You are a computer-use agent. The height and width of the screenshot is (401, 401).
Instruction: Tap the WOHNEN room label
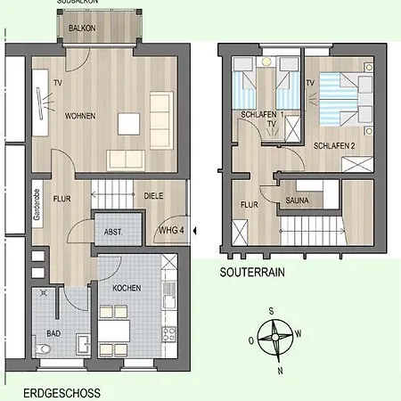(81, 117)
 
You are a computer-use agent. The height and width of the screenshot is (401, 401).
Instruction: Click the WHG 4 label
(171, 230)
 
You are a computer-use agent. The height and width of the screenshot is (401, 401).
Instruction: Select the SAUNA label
(298, 200)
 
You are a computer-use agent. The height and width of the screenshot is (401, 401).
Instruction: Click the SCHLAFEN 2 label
(335, 143)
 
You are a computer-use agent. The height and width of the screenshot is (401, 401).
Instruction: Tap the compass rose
(279, 338)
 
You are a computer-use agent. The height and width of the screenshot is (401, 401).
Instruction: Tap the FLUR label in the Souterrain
(249, 204)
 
